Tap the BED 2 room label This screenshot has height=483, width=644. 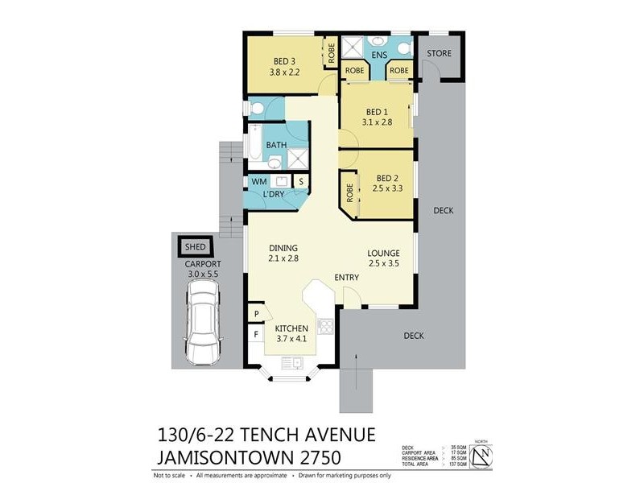click(x=386, y=178)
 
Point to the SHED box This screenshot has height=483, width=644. click(x=195, y=246)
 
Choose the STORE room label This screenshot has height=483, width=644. click(x=439, y=54)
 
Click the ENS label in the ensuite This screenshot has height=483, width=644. click(x=378, y=55)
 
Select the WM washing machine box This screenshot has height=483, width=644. click(x=258, y=182)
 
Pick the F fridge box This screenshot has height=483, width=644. click(x=256, y=332)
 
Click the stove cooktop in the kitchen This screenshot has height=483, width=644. click(x=327, y=326)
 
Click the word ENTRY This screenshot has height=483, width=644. click(x=347, y=278)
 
